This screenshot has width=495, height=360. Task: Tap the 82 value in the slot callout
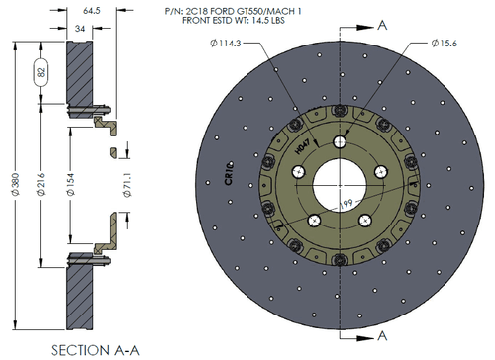pos(40,73)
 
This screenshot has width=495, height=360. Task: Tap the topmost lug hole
pos(340,141)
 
